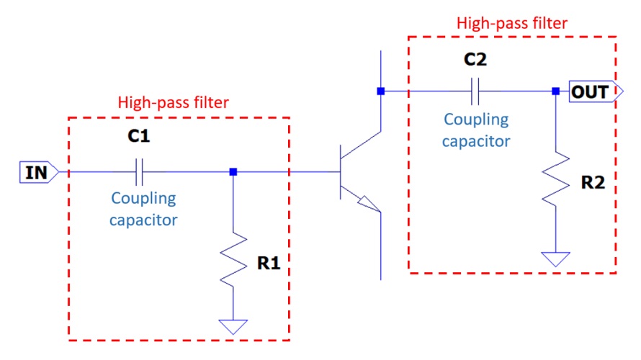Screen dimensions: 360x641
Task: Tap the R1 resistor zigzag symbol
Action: tap(233, 264)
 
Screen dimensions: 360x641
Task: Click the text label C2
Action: tap(475, 60)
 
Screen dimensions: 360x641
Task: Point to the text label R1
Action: tap(268, 264)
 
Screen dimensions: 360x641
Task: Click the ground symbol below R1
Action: tap(233, 326)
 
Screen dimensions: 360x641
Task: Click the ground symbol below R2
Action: tap(555, 258)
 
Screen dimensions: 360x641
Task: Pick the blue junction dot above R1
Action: tap(233, 172)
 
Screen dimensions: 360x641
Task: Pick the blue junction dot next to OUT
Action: tap(555, 91)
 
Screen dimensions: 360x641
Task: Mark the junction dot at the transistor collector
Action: tap(380, 91)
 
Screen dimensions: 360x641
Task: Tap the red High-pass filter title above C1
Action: tap(173, 102)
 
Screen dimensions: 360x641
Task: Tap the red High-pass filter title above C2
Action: tap(512, 22)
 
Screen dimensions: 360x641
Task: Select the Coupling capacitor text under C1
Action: tap(143, 209)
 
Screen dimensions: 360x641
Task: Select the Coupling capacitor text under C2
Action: tap(476, 130)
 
